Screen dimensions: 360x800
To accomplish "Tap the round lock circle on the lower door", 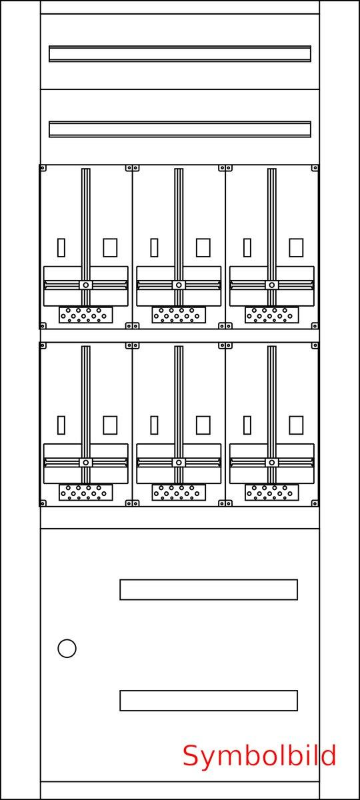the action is click(x=67, y=648).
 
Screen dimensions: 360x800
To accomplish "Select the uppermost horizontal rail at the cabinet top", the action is click(x=179, y=53).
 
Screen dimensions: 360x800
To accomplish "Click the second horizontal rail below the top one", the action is click(x=179, y=129).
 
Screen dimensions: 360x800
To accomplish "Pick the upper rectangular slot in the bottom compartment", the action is click(x=209, y=589).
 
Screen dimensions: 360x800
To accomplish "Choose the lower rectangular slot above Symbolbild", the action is click(x=209, y=701).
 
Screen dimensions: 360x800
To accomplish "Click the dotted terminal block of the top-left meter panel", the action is click(x=86, y=315).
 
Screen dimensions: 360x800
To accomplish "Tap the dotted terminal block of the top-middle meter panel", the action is click(x=179, y=315).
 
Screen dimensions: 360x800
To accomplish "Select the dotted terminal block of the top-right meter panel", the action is click(x=271, y=315).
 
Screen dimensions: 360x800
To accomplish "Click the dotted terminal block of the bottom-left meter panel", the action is click(x=86, y=492).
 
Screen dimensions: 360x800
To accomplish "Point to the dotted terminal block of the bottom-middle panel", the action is click(x=179, y=492).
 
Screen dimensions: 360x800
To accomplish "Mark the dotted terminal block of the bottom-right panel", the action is click(x=271, y=492).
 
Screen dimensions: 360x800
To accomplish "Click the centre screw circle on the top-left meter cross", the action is click(x=86, y=285).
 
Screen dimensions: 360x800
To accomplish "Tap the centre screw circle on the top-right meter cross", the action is click(x=272, y=285).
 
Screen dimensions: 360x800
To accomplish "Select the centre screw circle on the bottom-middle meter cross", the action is click(x=179, y=463).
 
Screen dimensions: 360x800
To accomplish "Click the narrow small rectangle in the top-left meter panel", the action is click(x=61, y=247).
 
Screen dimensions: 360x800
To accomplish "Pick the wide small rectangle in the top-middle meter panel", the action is click(x=203, y=247).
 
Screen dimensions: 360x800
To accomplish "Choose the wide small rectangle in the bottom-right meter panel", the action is click(x=296, y=425).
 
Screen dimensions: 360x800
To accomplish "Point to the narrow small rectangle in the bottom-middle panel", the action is click(x=154, y=425).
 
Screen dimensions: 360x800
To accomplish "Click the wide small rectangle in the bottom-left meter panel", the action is click(x=110, y=425).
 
